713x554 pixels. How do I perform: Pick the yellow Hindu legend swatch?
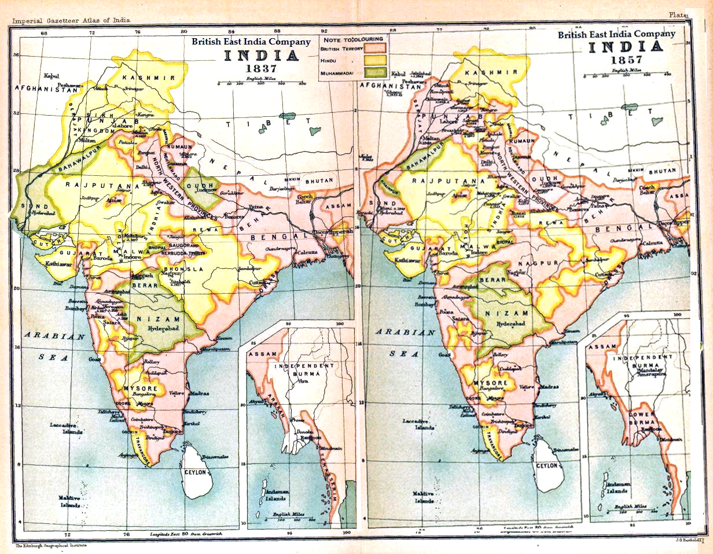pos(374,60)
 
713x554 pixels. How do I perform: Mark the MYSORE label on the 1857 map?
pos(491,383)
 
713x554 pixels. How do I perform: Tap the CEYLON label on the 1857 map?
pos(547,466)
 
